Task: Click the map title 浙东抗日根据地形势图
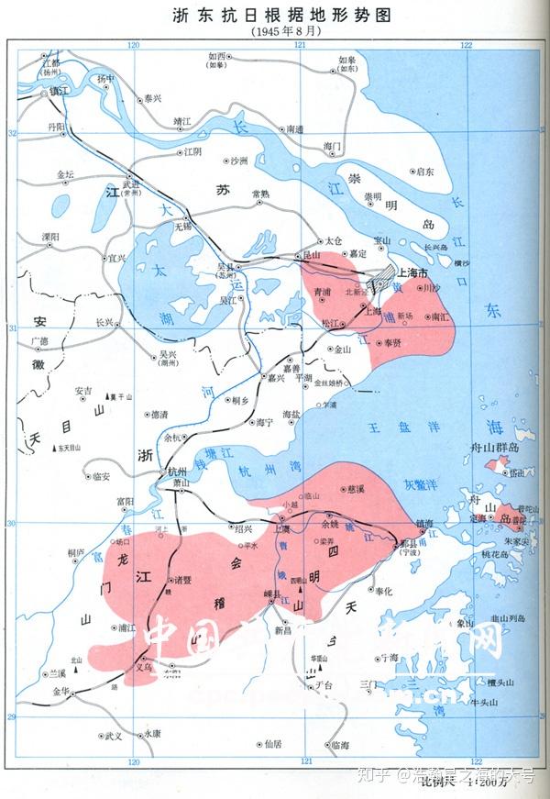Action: tap(276, 14)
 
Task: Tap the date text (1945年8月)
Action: tap(276, 31)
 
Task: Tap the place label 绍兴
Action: tap(243, 528)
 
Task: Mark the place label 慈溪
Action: tap(356, 491)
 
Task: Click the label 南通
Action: tap(295, 130)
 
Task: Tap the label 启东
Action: tap(424, 172)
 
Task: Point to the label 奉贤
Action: tap(392, 341)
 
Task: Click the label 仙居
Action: tap(269, 746)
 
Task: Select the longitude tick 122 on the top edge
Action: tap(466, 46)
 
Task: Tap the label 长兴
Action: tap(104, 323)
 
